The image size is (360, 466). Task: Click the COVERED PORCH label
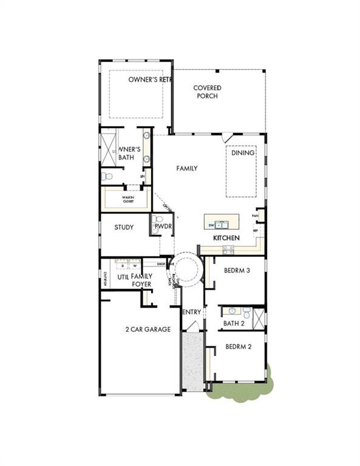[x=207, y=92]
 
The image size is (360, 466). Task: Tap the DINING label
[x=242, y=153]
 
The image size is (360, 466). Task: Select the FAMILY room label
[x=187, y=168]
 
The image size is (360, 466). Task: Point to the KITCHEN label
[x=226, y=238]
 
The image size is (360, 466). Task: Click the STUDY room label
[x=124, y=228]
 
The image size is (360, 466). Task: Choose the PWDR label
[x=163, y=226]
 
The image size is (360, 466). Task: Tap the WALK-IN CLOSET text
[x=128, y=198]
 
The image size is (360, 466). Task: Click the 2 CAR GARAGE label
[x=148, y=329]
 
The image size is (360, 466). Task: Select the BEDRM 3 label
[x=237, y=271]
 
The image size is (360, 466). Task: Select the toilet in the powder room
[x=158, y=219]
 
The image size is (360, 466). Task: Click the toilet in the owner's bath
[x=107, y=177]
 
